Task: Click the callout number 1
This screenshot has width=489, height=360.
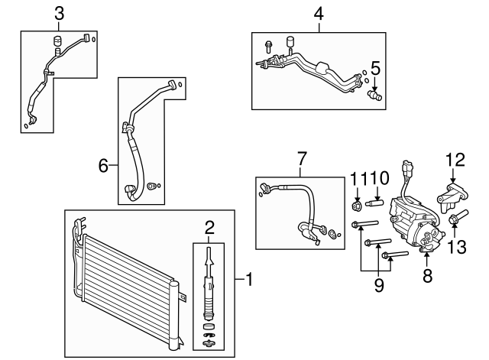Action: [x=248, y=281]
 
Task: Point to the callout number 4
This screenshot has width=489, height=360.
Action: [x=319, y=12]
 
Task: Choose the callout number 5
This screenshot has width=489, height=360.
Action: [x=375, y=67]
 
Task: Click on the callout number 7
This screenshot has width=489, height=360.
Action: [x=302, y=159]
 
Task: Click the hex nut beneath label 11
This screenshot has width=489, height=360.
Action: [x=356, y=205]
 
